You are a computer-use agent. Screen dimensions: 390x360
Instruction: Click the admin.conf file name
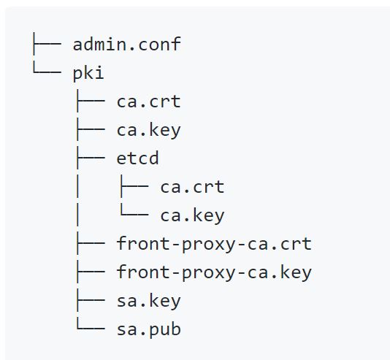(127, 45)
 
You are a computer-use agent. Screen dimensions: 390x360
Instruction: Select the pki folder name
(88, 73)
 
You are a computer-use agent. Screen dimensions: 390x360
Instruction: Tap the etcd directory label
(137, 158)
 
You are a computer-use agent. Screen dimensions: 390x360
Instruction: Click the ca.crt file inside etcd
(192, 187)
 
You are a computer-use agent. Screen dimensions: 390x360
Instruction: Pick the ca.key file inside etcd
(192, 215)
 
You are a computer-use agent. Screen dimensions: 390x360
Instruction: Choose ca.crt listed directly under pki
(148, 102)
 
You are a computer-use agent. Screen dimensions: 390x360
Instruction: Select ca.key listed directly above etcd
(148, 130)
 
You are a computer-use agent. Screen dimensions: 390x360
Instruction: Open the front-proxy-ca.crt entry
(214, 244)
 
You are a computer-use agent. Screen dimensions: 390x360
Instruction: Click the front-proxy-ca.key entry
(214, 272)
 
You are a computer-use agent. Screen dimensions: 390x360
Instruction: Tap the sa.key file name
(148, 301)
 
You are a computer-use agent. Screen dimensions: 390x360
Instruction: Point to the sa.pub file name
(148, 329)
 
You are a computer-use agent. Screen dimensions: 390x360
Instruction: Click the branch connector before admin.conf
(47, 44)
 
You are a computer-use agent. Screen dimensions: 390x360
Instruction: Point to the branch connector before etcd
(91, 158)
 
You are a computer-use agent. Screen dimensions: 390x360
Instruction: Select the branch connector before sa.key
(91, 300)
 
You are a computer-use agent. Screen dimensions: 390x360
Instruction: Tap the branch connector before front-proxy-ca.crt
(91, 243)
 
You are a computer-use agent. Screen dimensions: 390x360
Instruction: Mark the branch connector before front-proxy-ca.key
(91, 272)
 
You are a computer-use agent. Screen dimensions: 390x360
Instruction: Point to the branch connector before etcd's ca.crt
(134, 186)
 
